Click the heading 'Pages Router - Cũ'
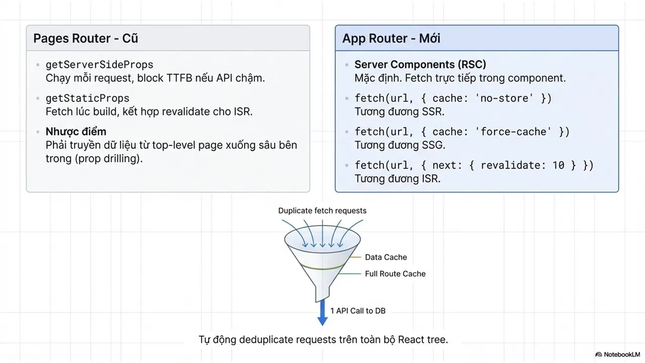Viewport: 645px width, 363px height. pyautogui.click(x=86, y=39)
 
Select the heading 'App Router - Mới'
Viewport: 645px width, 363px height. pyautogui.click(x=392, y=39)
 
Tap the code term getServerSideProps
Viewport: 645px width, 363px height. pyautogui.click(x=99, y=65)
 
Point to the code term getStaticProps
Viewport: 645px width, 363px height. pyautogui.click(x=88, y=98)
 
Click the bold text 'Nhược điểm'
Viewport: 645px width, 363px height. pyautogui.click(x=76, y=132)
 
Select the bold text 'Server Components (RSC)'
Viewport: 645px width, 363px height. pyautogui.click(x=420, y=65)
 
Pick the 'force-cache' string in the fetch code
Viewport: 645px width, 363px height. pyautogui.click(x=513, y=132)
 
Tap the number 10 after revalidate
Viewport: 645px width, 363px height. pyautogui.click(x=558, y=165)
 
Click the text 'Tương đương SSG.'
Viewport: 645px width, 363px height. pyautogui.click(x=400, y=145)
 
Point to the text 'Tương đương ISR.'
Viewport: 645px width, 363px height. pyautogui.click(x=398, y=179)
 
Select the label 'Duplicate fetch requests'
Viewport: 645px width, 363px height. pyautogui.click(x=322, y=211)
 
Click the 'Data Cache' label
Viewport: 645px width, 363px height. pyautogui.click(x=386, y=257)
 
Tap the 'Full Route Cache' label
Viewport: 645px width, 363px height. pyautogui.click(x=395, y=274)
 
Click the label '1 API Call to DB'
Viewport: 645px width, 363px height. pyautogui.click(x=358, y=311)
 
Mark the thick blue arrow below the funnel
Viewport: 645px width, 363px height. pyautogui.click(x=322, y=313)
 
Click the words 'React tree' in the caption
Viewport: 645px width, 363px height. pyautogui.click(x=423, y=340)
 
